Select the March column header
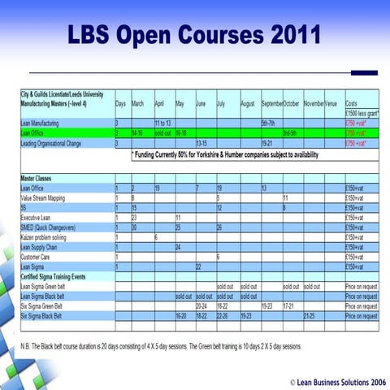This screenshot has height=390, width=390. (x=138, y=104)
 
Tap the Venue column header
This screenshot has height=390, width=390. (x=331, y=104)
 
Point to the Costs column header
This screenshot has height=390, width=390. (x=352, y=104)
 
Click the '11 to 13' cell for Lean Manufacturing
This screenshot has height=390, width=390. (x=164, y=123)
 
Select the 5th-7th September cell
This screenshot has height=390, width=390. (x=271, y=123)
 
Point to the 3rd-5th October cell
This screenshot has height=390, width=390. (x=291, y=132)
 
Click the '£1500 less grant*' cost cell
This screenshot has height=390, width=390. (x=362, y=113)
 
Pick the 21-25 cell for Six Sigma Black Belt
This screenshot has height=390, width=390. (x=311, y=316)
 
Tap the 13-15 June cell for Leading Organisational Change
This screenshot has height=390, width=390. (x=202, y=143)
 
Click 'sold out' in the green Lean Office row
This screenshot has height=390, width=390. (x=163, y=132)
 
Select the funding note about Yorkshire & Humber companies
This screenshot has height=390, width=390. (x=225, y=154)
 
